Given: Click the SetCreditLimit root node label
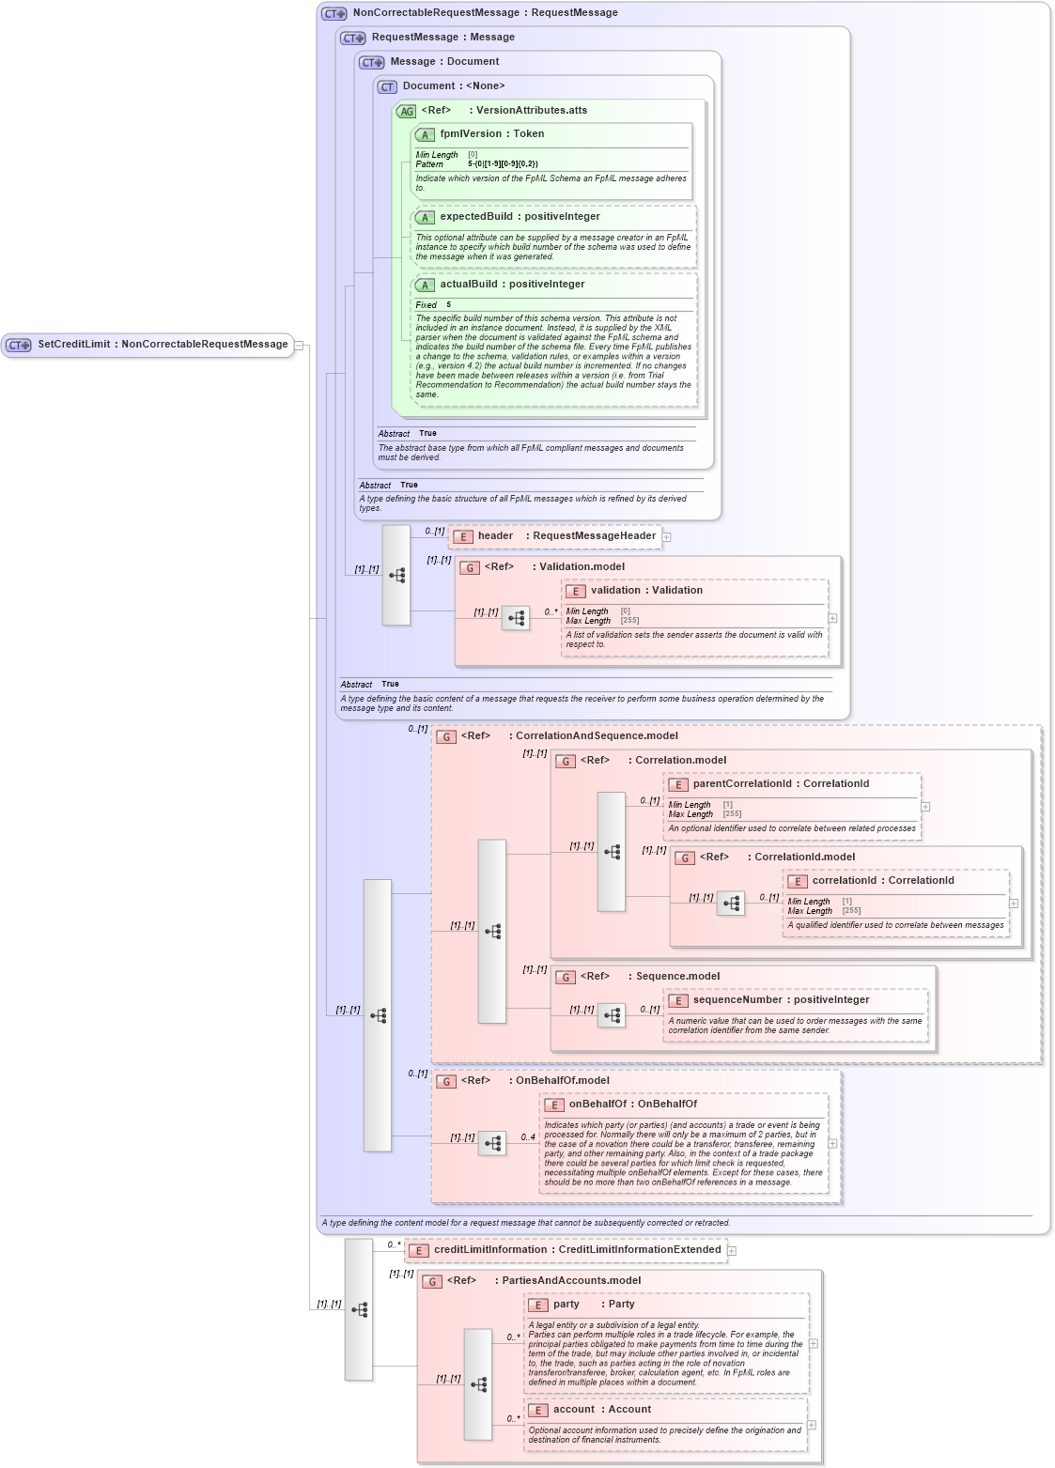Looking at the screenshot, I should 73,345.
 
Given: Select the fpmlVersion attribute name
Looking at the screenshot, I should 463,134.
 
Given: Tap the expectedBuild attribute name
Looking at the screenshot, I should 476,217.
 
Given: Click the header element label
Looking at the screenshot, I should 495,536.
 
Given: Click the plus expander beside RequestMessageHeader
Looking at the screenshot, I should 667,537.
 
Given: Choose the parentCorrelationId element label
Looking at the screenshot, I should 743,784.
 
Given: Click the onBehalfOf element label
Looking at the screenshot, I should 597,1105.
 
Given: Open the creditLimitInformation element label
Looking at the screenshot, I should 490,1250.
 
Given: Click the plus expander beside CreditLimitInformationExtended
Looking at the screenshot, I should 732,1251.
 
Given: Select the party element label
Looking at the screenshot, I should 566,1305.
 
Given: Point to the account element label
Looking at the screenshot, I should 574,1410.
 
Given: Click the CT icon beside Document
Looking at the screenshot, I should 387,87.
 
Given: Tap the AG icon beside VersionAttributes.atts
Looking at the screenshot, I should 406,112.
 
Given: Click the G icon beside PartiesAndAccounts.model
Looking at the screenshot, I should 431,1282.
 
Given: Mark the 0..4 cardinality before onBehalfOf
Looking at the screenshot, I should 528,1137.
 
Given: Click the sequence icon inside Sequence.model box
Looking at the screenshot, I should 612,1016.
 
